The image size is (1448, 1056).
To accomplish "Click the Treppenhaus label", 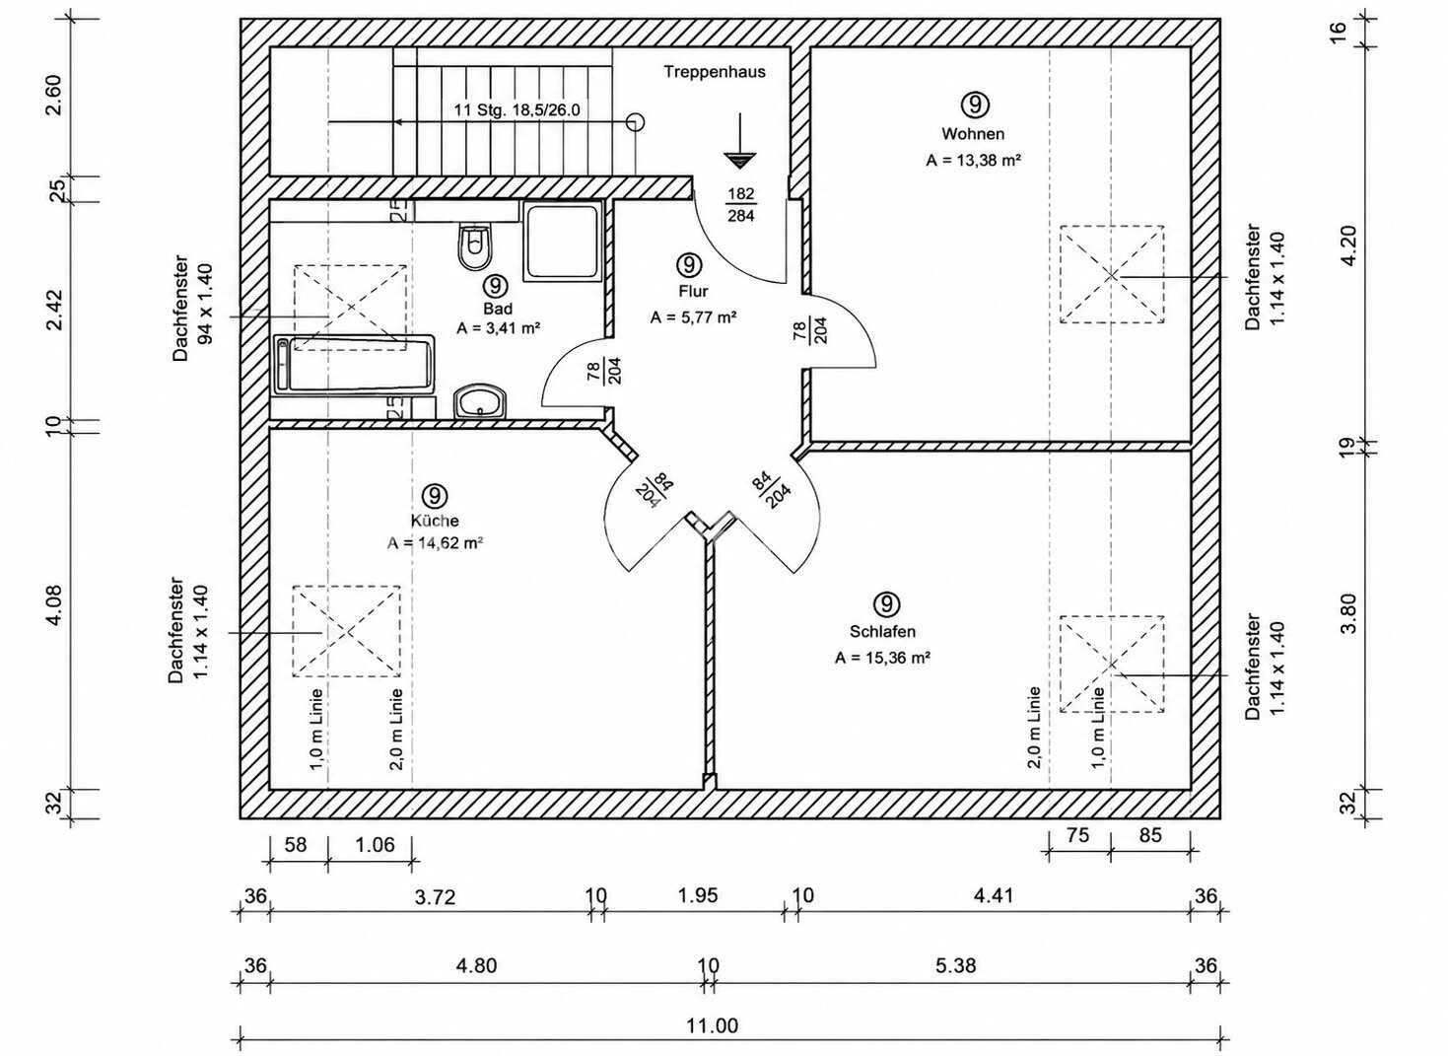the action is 715,72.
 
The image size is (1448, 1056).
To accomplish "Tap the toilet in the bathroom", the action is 475,246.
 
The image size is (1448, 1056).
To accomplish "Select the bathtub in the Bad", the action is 354,365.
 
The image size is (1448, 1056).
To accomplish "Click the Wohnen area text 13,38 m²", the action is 974,161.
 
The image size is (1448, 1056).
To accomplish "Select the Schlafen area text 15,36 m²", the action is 882,659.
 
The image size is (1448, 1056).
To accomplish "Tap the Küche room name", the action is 435,521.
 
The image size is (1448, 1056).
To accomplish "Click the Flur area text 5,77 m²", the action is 694,317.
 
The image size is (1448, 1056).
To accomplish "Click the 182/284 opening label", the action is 741,205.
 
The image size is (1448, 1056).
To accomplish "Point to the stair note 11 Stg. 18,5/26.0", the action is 517,109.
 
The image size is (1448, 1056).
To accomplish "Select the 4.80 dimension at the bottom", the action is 476,966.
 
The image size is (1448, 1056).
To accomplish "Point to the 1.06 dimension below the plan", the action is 375,845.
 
